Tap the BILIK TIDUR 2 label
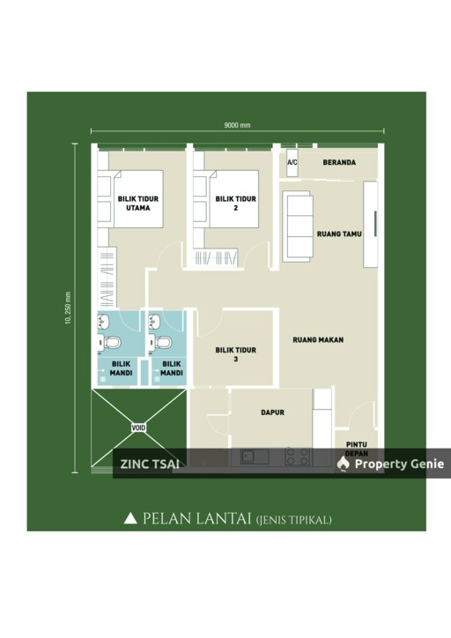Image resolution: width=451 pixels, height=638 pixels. coord(235,204)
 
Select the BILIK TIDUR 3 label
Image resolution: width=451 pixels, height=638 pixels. coord(235,354)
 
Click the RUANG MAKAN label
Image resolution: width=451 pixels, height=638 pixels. coord(318,340)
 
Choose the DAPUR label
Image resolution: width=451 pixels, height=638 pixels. coord(272,412)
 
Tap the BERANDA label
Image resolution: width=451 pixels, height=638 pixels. coord(339,163)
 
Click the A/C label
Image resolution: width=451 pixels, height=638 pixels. coord(292,163)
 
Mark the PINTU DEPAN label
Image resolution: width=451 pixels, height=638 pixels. coord(356,449)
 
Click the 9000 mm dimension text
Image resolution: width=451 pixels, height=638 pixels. coord(237,125)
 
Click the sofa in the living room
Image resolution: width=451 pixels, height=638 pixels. coord(298,227)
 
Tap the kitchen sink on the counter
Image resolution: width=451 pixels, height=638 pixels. coord(249,456)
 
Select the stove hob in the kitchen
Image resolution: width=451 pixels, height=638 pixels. coord(297,456)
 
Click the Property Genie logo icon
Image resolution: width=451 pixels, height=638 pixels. coord(343,464)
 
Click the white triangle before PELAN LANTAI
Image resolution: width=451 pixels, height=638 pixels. coord(130,519)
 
